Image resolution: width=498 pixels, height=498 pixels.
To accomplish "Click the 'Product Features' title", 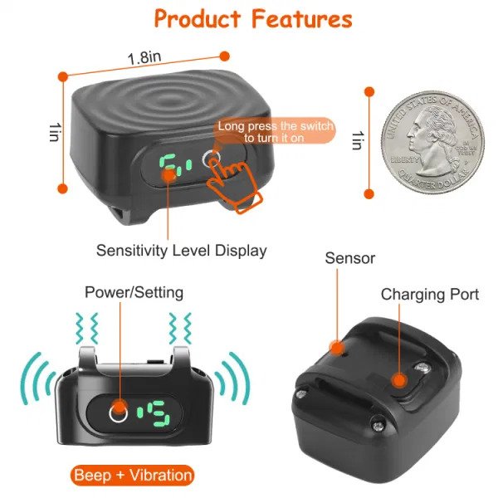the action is click(253, 19).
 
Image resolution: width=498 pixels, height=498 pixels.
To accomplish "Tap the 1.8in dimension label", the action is click(144, 57).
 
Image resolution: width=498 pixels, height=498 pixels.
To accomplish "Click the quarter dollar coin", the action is click(432, 143).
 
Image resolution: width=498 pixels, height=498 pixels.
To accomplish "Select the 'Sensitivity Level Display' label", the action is click(181, 251).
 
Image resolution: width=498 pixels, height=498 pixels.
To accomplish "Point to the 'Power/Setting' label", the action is click(134, 292).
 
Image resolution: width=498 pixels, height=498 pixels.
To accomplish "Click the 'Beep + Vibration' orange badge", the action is click(133, 476).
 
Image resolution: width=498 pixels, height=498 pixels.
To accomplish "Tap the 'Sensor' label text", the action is click(349, 258).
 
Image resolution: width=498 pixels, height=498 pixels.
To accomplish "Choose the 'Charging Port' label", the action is click(430, 295).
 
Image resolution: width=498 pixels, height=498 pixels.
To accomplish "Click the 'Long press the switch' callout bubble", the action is click(275, 131).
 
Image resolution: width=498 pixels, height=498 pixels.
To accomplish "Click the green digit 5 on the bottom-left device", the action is click(159, 413).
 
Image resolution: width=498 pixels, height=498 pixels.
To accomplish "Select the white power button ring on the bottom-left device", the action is click(118, 413).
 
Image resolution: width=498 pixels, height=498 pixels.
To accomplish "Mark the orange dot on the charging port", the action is click(399, 380).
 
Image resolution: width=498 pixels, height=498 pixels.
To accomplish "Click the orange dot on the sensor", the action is click(337, 348).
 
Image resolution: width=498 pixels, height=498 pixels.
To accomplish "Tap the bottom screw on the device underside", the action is click(378, 426).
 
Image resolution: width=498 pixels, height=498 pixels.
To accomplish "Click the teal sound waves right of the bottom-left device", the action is click(232, 378).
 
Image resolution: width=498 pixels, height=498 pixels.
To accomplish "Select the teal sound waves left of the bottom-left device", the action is click(37, 378).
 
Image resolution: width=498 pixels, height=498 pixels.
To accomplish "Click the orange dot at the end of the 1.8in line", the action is click(225, 56).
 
